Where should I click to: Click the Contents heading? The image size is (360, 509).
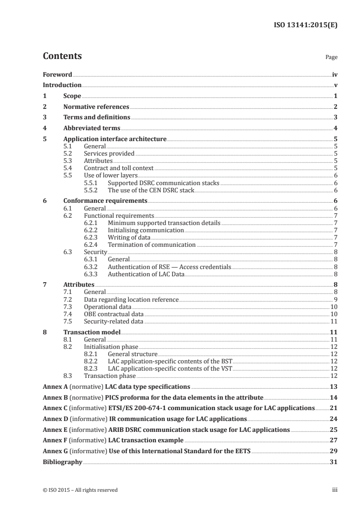tap(62, 56)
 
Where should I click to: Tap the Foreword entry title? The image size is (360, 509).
tap(57, 74)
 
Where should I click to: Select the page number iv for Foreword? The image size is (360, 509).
tap(335, 74)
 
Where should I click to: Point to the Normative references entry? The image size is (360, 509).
tap(96, 107)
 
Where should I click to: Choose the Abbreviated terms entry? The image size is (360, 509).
tap(92, 128)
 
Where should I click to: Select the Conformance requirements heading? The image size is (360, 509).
tap(105, 201)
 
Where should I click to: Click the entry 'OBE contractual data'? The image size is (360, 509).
tap(114, 314)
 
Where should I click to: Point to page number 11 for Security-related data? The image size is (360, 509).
tap(334, 322)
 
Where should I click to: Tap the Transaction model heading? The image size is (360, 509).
tap(91, 332)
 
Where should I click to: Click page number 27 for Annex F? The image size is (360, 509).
tap(334, 440)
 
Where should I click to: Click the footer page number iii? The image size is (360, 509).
tap(335, 490)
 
